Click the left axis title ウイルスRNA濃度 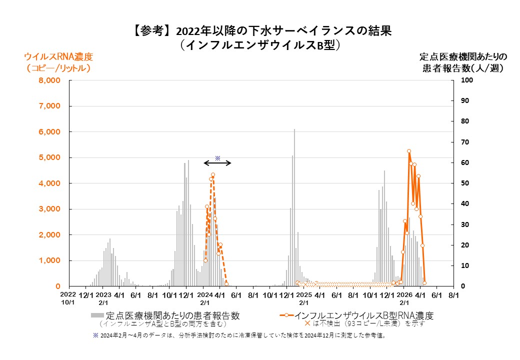click(59, 56)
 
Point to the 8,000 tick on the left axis click(49, 80)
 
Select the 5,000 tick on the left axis click(49, 157)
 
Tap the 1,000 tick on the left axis click(49, 260)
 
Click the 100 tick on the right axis click(465, 80)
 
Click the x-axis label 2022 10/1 click(68, 298)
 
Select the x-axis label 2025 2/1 click(303, 298)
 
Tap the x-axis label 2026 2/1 click(404, 298)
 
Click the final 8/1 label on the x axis click(453, 295)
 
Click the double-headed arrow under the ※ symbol click(217, 163)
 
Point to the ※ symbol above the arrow click(217, 157)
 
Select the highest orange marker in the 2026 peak click(409, 151)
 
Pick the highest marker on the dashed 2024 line click(213, 174)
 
